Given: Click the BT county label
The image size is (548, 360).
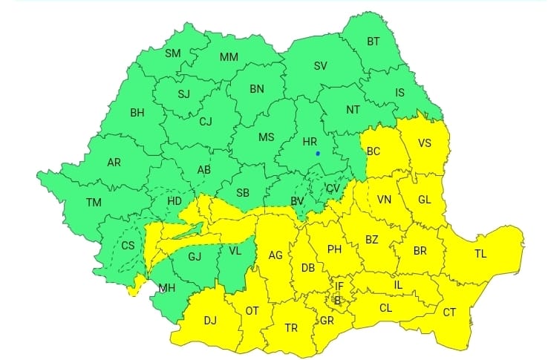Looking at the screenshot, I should click(x=374, y=42).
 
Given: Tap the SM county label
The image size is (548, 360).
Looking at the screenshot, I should click(x=172, y=53).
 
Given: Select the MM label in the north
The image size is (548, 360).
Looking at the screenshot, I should click(x=229, y=57).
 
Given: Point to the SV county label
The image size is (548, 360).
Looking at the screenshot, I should click(x=320, y=66).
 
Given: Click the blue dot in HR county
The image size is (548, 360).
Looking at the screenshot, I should click(x=318, y=154).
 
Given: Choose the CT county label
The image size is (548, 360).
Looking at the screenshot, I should click(x=449, y=312).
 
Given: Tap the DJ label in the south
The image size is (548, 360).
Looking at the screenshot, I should click(x=210, y=321).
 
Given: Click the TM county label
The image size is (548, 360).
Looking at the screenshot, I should click(x=94, y=202).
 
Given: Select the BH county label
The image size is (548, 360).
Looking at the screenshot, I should click(x=137, y=114).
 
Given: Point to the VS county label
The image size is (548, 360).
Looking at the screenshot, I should click(x=425, y=143).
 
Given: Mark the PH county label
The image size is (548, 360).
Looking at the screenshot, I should click(x=334, y=249).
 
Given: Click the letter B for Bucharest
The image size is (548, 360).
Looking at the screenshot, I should click(x=337, y=301).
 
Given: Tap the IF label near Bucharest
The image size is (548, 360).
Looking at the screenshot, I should click(x=339, y=286).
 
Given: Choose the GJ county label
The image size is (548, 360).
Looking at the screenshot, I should click(x=195, y=258).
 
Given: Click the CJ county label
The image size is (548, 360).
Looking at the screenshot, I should click(x=206, y=122).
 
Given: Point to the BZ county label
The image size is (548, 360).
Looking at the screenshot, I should click(x=372, y=239).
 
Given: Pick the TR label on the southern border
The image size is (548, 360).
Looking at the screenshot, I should click(x=292, y=327).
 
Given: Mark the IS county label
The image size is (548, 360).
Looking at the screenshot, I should click(x=399, y=93).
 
